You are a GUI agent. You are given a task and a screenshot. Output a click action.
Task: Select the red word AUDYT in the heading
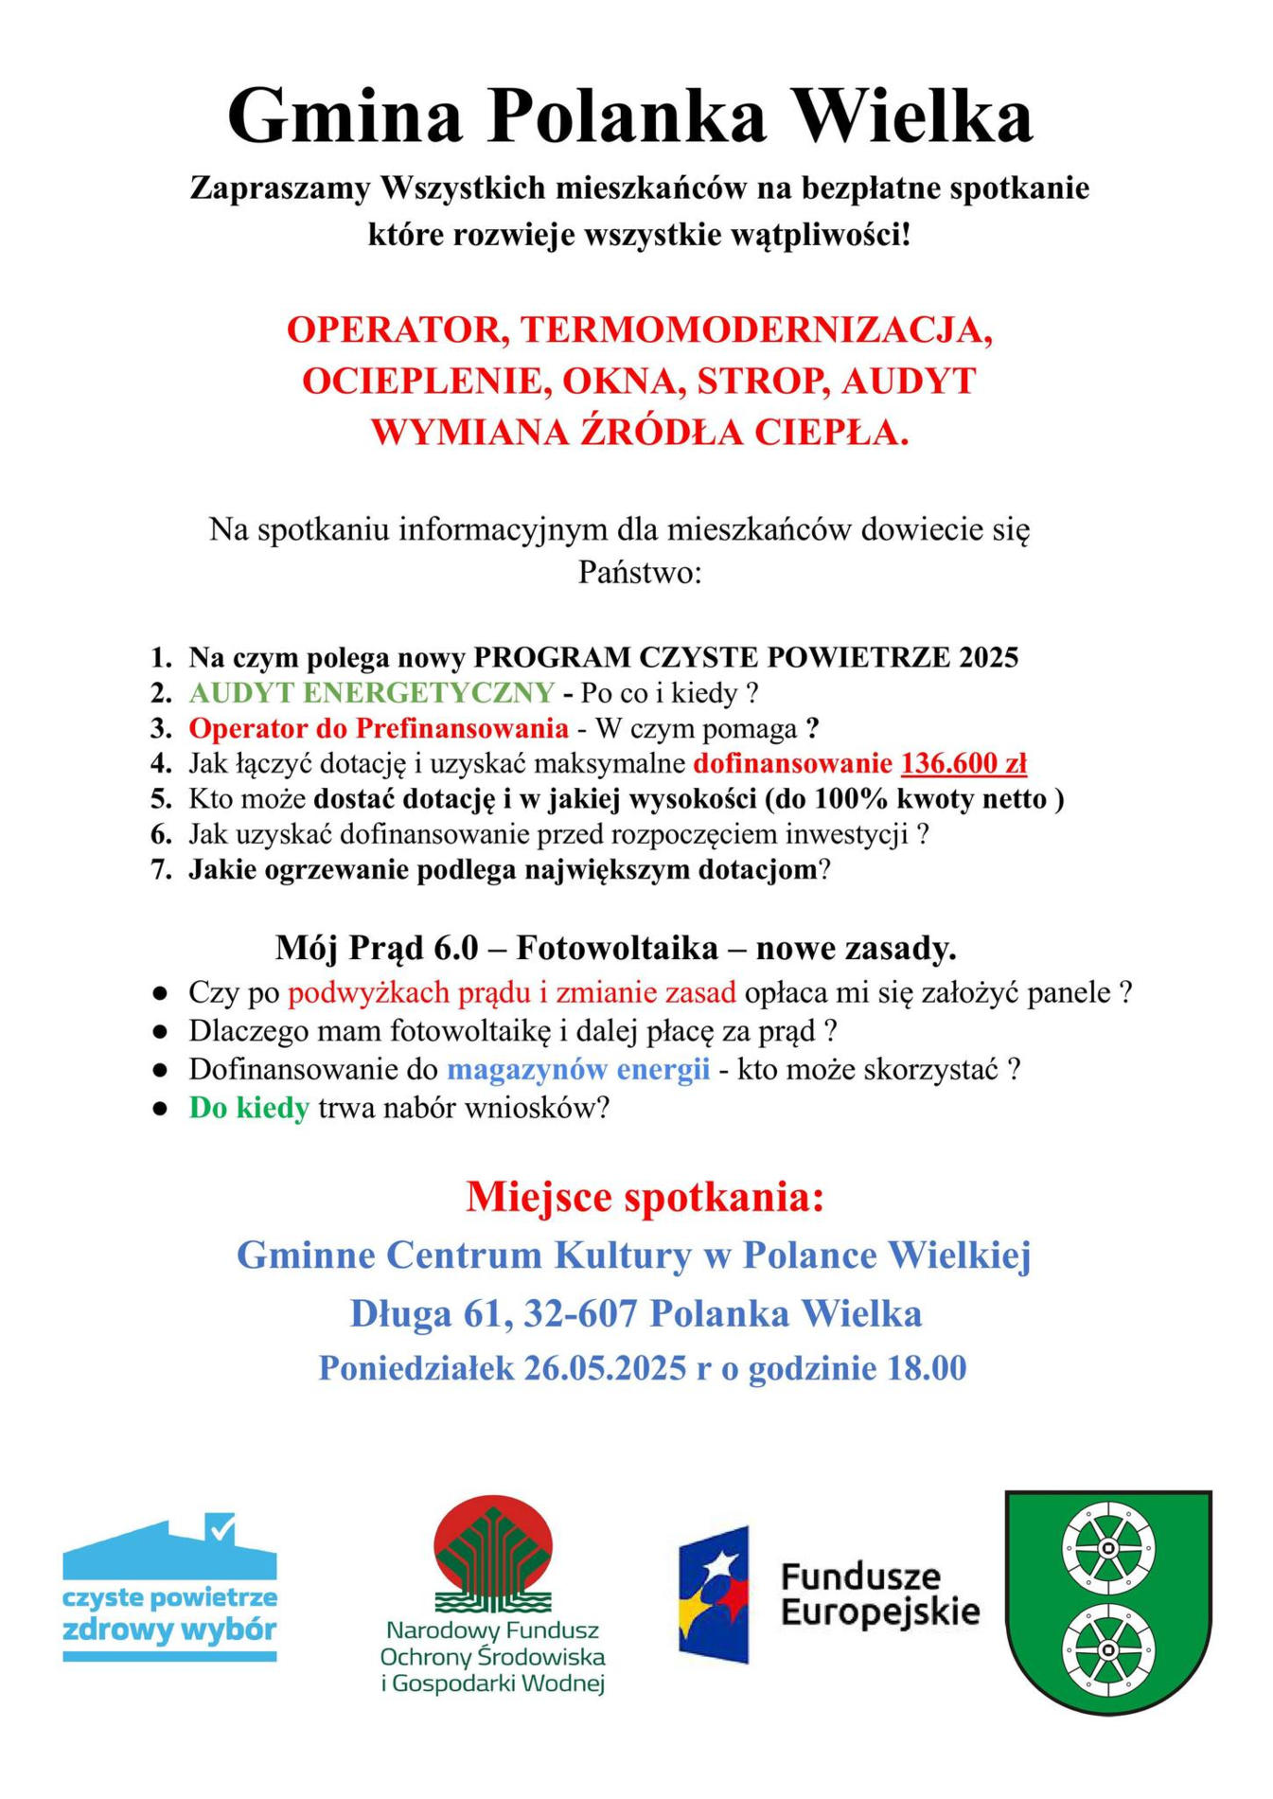click(908, 381)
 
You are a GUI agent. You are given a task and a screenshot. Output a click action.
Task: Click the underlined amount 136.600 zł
click(964, 763)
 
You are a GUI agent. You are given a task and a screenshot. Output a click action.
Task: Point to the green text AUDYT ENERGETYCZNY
click(371, 693)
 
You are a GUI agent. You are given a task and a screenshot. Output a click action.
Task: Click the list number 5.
click(160, 799)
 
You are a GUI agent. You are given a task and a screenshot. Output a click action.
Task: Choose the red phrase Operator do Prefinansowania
click(379, 728)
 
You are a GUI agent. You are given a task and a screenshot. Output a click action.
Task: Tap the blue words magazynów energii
click(577, 1069)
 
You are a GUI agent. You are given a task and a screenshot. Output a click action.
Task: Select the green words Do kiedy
click(249, 1107)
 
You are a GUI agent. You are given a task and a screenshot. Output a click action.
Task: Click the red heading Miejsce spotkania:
click(645, 1197)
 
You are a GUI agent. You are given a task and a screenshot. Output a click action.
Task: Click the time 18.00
click(927, 1368)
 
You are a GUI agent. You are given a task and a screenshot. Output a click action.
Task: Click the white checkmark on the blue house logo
click(221, 1526)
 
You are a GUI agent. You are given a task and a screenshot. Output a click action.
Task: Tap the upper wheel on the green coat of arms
click(1107, 1550)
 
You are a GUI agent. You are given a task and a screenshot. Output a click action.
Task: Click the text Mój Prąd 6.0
click(377, 947)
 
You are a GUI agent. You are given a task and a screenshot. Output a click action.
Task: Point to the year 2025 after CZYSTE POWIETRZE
click(988, 657)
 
